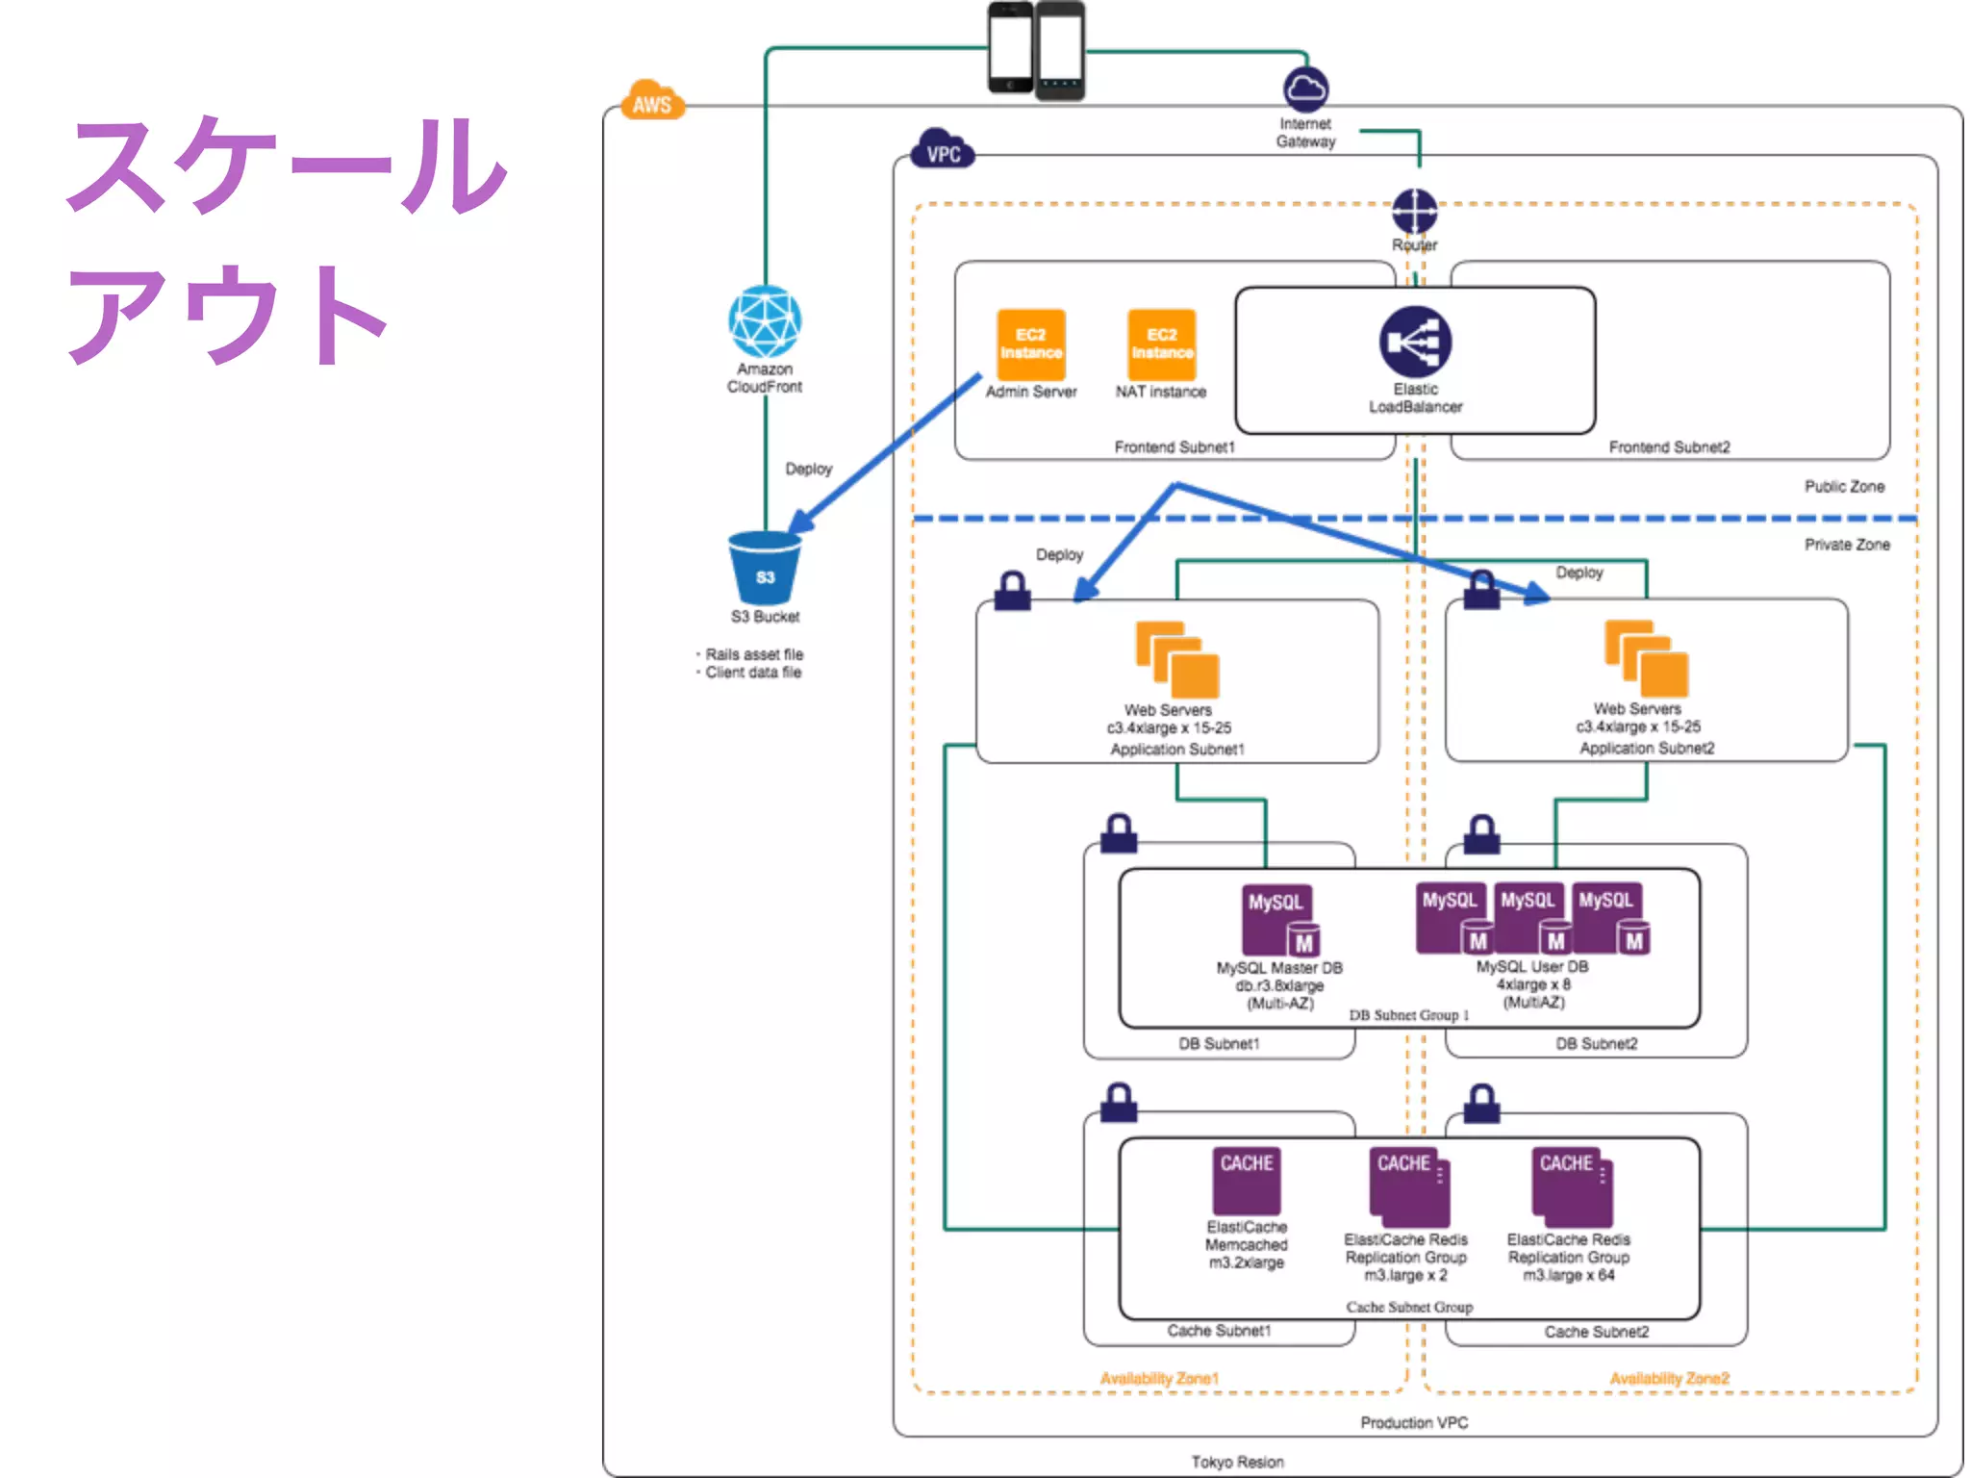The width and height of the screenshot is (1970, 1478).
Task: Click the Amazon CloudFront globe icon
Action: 765,321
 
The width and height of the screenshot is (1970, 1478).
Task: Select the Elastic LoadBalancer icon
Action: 1415,342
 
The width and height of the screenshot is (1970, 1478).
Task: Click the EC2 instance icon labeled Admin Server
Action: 1030,344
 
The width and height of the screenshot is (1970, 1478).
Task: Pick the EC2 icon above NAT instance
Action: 1161,344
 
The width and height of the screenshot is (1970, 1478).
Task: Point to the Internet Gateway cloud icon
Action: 1305,89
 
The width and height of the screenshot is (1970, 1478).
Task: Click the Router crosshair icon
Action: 1414,211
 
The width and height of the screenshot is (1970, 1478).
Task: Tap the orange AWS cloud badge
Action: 653,102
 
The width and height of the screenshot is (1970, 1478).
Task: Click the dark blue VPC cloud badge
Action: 943,151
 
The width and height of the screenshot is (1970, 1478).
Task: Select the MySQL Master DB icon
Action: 1279,920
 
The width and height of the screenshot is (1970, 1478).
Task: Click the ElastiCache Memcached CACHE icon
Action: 1247,1180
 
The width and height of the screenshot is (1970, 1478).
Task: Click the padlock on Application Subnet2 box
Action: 1481,590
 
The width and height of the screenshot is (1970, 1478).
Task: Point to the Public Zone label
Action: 1844,487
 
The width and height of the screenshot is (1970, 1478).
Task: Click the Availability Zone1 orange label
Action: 1159,1378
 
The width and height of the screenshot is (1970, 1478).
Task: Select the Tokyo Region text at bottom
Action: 1237,1462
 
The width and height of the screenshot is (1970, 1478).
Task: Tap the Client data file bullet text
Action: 752,673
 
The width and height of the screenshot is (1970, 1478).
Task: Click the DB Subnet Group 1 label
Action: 1408,1015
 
